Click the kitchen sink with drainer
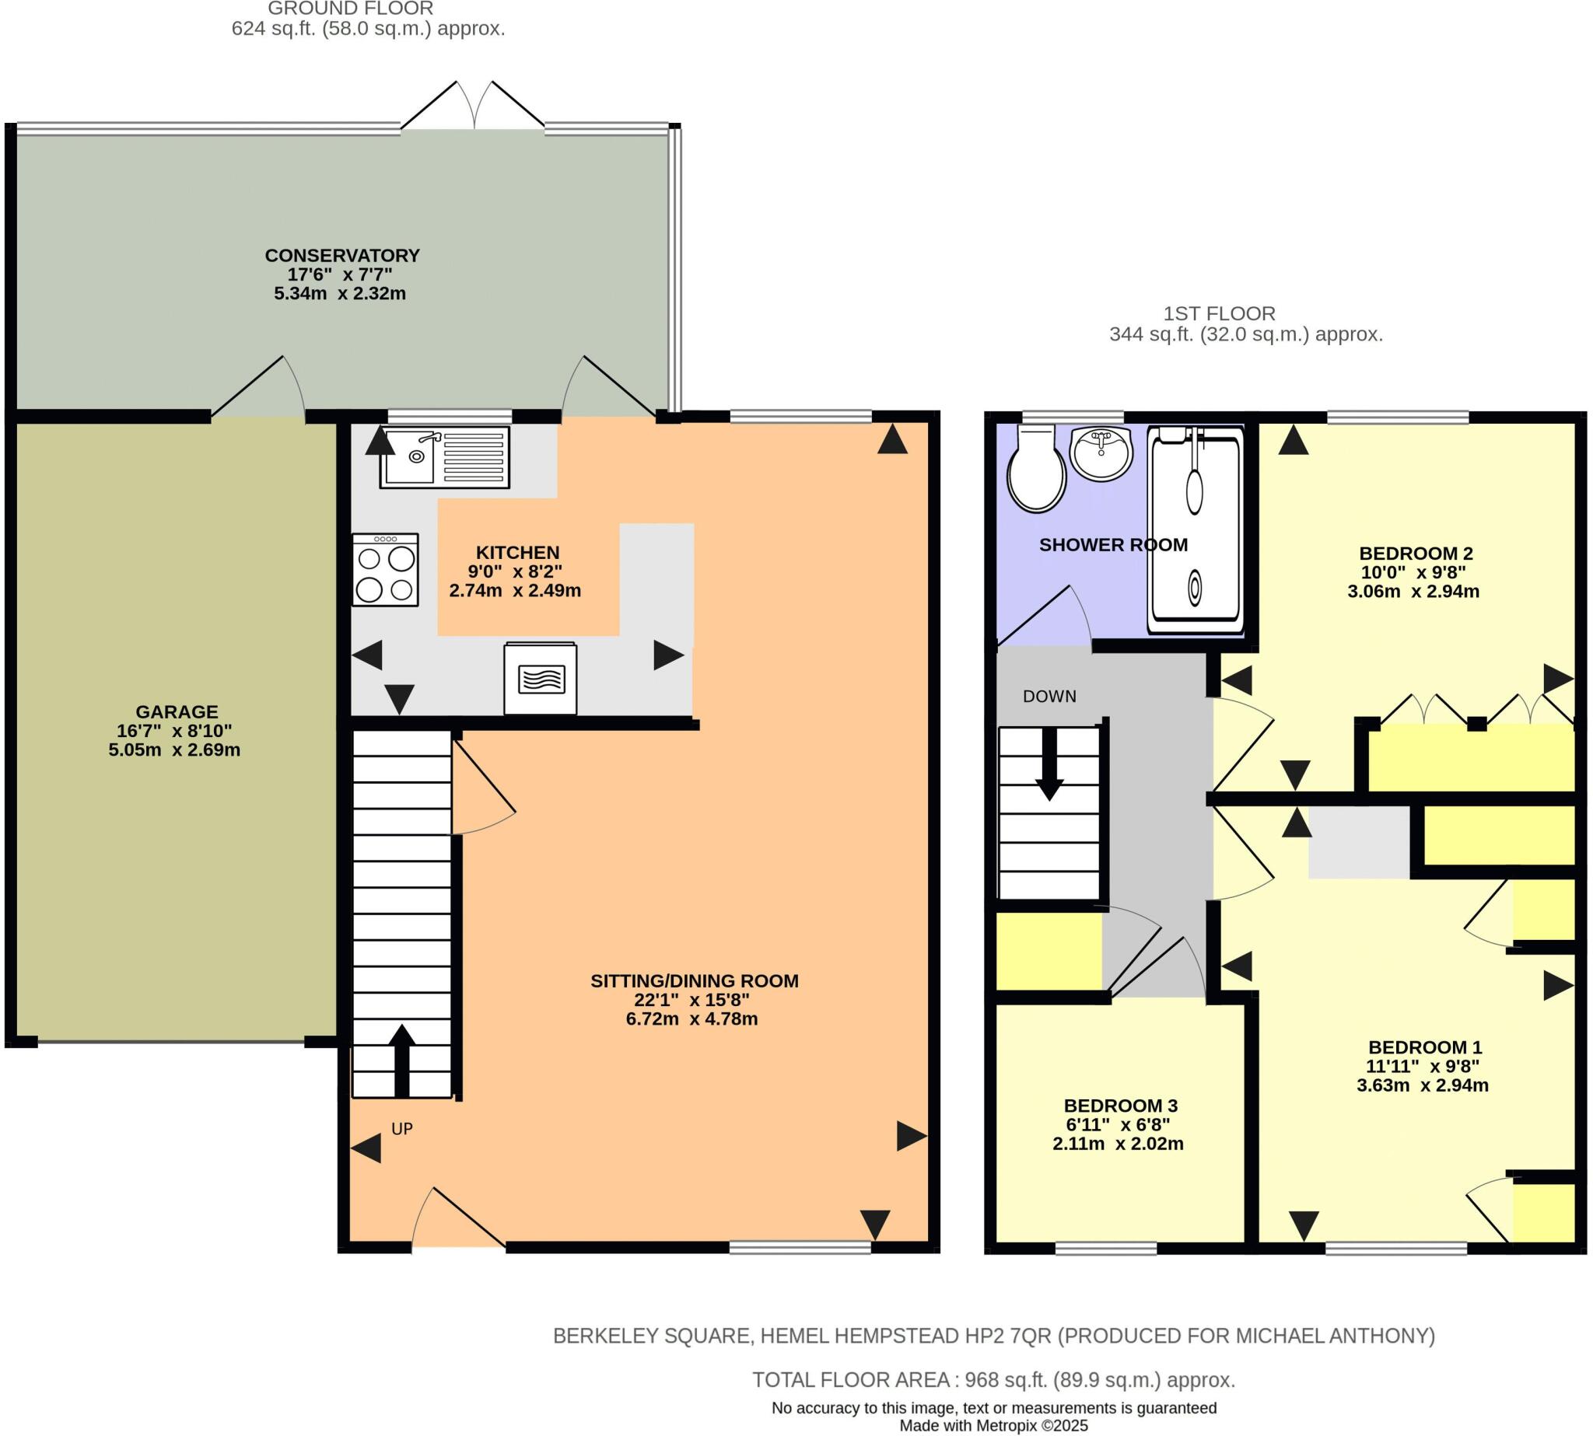(444, 457)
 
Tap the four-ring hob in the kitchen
(385, 571)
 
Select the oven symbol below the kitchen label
(541, 679)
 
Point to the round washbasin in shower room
(1101, 454)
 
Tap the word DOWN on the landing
(1049, 696)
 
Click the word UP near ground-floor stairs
(402, 1129)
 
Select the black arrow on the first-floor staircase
(1049, 763)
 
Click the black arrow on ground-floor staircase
(402, 1060)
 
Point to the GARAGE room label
(176, 711)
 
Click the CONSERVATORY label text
(341, 256)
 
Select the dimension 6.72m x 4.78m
(691, 1018)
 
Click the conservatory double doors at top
(474, 107)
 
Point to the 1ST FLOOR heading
(1219, 313)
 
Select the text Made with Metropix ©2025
(994, 1426)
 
